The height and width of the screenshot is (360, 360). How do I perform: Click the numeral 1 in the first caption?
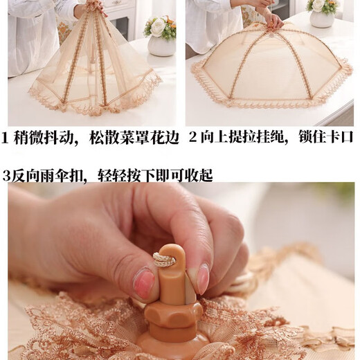coord(5,138)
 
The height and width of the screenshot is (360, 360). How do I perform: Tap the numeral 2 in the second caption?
coord(193,137)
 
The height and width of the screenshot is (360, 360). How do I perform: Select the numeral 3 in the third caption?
coord(7,176)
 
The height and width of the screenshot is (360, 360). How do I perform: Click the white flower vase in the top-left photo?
coord(161,46)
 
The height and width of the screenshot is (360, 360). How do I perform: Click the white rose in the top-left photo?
coord(158,27)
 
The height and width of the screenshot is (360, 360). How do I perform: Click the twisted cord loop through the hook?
coord(163,260)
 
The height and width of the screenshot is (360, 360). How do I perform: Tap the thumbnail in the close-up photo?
coord(143,282)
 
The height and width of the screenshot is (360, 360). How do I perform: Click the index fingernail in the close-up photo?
coord(202,279)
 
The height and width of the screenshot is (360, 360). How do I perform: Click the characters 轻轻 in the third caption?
coord(112,176)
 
